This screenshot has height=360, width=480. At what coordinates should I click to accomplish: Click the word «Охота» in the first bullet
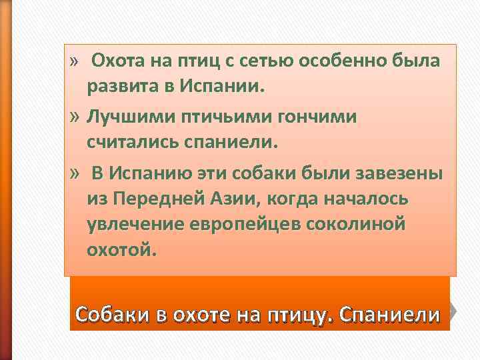(x=115, y=61)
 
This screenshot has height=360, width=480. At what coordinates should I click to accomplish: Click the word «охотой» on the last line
(x=121, y=250)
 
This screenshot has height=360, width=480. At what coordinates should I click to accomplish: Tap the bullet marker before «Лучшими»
(x=75, y=117)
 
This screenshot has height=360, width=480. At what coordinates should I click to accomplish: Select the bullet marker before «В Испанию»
(x=75, y=174)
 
